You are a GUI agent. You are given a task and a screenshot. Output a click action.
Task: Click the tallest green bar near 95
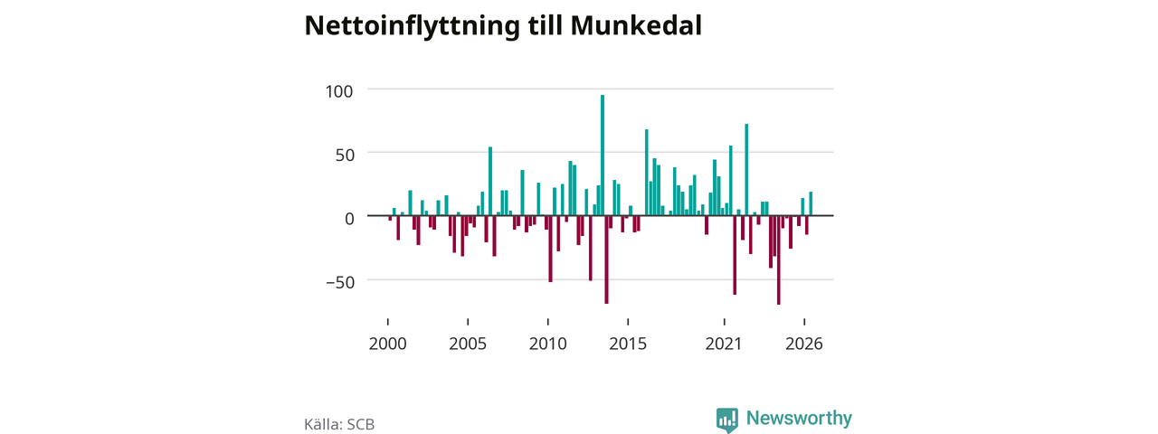(603, 155)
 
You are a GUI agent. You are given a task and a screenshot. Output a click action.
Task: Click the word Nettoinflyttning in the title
(412, 26)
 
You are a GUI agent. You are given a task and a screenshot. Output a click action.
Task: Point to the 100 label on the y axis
(339, 91)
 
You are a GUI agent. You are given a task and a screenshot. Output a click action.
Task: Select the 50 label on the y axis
(345, 155)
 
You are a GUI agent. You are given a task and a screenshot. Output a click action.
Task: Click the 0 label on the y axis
(349, 219)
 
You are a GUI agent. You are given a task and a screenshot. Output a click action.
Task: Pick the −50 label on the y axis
(340, 282)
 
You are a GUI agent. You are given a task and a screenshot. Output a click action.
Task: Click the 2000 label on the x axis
(388, 344)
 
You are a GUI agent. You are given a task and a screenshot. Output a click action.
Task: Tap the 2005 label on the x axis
(468, 344)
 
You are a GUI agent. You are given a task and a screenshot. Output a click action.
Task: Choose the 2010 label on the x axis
(548, 344)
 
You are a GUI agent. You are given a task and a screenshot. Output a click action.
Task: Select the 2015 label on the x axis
(628, 344)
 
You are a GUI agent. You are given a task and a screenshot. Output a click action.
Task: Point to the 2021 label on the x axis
(724, 344)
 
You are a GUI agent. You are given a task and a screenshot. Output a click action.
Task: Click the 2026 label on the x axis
(804, 344)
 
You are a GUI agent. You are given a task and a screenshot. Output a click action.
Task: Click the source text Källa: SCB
(339, 424)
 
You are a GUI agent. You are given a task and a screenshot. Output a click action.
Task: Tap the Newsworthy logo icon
(726, 419)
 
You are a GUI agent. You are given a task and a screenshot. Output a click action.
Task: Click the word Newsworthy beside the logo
(799, 418)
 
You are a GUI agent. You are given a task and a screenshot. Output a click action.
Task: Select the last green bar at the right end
(811, 203)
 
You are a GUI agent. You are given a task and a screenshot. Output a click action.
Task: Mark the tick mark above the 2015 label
(628, 322)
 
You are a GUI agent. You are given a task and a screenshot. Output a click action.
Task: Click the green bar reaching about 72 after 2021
(746, 169)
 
